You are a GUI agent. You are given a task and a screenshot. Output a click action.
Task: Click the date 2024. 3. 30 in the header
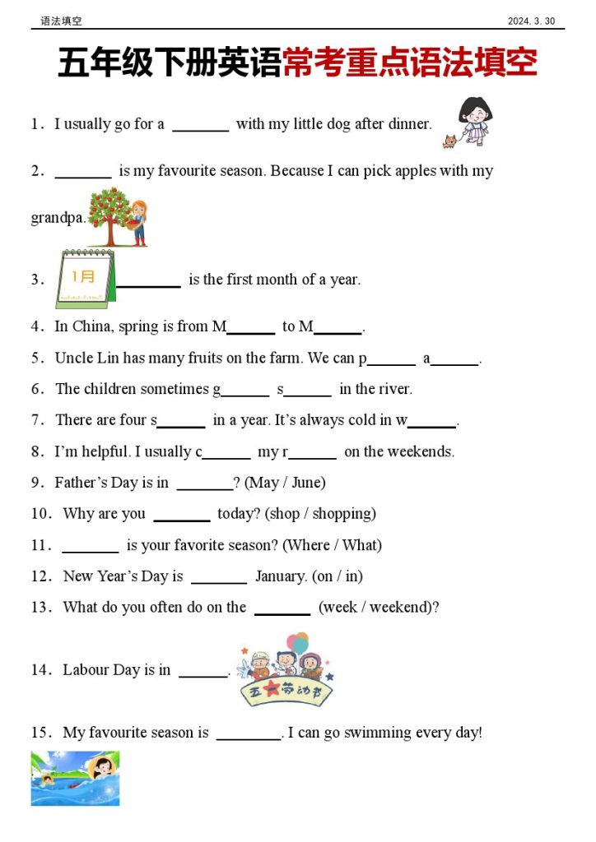[x=531, y=21]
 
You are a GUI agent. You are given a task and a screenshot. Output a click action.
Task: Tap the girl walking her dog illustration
[x=472, y=122]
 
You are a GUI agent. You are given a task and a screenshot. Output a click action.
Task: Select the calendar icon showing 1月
[x=85, y=279]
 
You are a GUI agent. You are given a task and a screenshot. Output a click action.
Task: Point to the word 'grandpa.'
[x=58, y=218]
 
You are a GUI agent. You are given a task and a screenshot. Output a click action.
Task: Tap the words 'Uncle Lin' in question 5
[x=86, y=358]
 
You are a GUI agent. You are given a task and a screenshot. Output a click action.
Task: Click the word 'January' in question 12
[x=280, y=576]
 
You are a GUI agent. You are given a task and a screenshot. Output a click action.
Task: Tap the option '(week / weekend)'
[x=379, y=608]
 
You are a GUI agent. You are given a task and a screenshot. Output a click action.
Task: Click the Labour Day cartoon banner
[x=286, y=669]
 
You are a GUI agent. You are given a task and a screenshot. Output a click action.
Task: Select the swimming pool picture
[x=75, y=778]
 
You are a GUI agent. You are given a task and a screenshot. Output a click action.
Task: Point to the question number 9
[x=36, y=483]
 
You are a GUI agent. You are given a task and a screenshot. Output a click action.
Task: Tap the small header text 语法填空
[x=61, y=21]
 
